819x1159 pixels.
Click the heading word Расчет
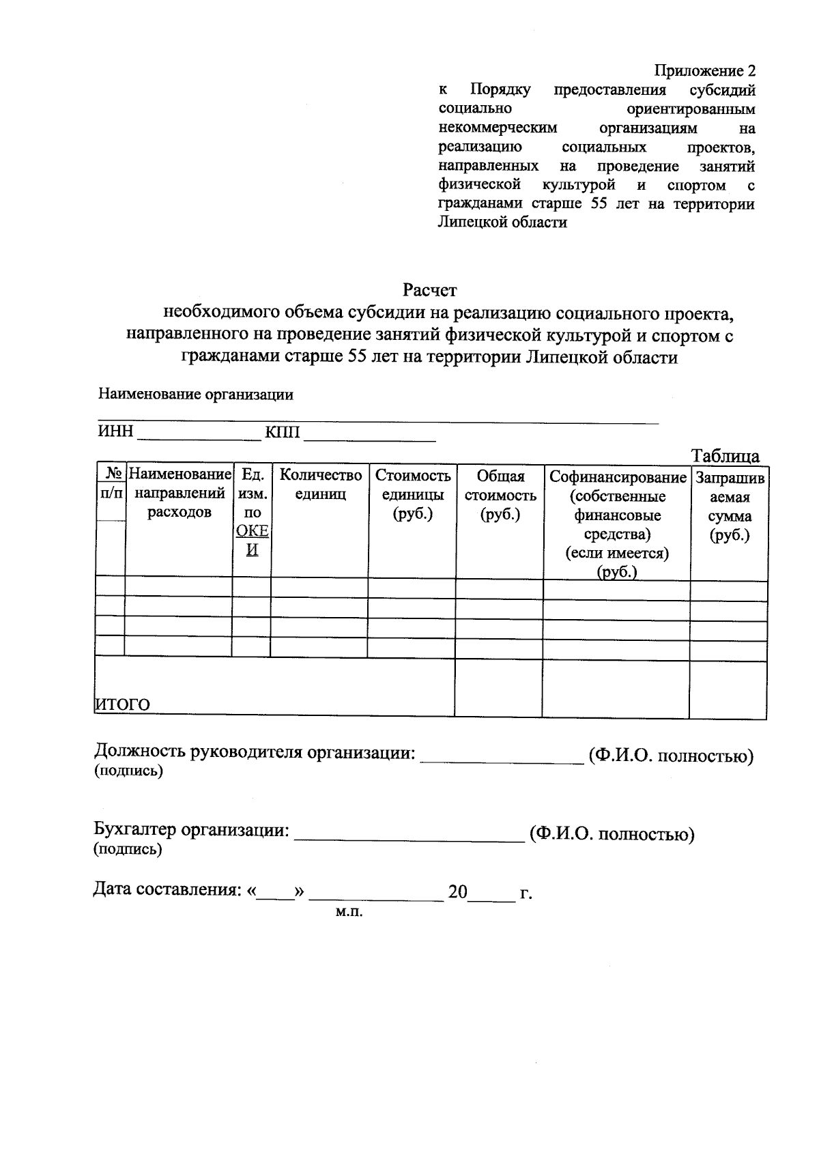point(429,290)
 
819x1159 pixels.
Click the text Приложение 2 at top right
point(705,71)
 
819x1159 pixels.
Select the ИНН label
point(115,431)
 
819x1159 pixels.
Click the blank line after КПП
point(369,437)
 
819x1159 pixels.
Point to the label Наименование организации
point(196,394)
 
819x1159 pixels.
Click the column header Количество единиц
point(320,484)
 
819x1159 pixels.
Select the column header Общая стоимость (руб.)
point(500,495)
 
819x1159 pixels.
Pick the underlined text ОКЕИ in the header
point(252,540)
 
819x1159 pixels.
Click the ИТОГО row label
point(122,704)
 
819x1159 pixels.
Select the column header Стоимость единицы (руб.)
point(412,495)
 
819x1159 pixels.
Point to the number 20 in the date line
point(457,891)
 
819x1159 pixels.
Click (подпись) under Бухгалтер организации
point(128,850)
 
